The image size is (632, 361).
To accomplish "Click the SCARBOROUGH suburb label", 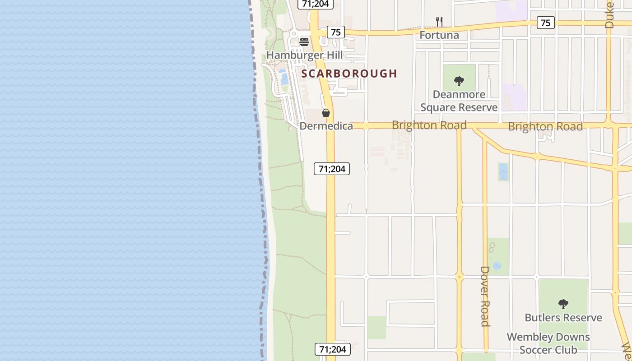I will click(x=349, y=74).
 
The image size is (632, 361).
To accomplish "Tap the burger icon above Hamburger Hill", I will click(x=304, y=42).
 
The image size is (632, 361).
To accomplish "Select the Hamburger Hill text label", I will click(x=304, y=56).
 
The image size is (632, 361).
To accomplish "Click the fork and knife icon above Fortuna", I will click(x=439, y=21).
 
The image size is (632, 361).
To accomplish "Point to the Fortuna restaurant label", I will click(x=439, y=35).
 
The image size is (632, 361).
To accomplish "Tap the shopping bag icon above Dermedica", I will click(x=326, y=113).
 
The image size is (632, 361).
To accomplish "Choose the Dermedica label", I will click(x=326, y=126).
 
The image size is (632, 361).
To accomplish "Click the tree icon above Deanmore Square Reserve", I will click(x=459, y=82).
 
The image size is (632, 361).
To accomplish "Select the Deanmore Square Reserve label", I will click(x=459, y=101).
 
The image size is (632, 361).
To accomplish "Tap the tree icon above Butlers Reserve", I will click(x=563, y=304).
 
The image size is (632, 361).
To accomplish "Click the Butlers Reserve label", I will click(x=563, y=318).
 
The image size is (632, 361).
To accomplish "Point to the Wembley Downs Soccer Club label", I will click(x=548, y=343).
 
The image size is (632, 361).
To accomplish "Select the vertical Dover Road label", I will click(x=485, y=296).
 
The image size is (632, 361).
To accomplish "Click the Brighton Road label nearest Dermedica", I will click(x=429, y=125).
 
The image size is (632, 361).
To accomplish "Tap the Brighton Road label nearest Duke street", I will click(x=545, y=126).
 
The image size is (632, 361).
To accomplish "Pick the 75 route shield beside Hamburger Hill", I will click(x=335, y=32).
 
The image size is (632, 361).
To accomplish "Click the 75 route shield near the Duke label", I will click(x=545, y=23).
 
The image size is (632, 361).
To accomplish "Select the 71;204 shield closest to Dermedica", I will click(x=332, y=169).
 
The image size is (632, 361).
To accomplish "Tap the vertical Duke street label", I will click(x=609, y=15).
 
